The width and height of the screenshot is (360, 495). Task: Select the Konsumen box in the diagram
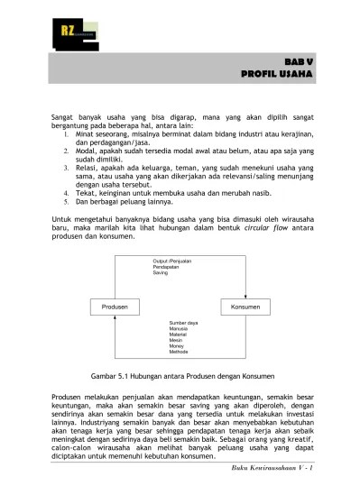tap(246, 307)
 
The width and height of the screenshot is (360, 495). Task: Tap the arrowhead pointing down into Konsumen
tap(246, 296)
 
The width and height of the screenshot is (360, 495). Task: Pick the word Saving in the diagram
tap(160, 272)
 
